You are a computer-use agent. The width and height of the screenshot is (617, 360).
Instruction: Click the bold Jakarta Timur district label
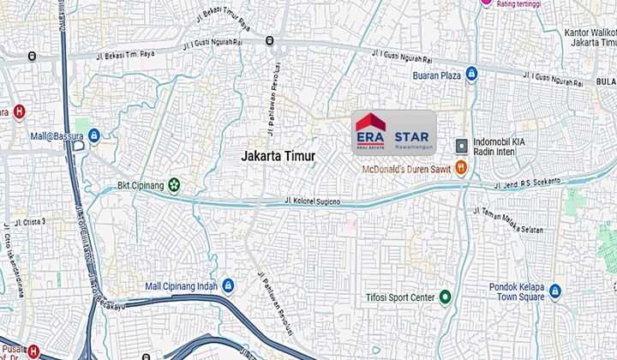[279, 156]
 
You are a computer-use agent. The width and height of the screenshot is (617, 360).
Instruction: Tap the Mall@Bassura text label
[57, 135]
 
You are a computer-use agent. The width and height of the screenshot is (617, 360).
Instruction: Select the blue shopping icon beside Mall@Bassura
[94, 135]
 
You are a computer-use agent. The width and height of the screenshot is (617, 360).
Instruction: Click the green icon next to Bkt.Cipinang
[174, 184]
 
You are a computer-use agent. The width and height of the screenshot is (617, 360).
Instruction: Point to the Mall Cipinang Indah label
[179, 285]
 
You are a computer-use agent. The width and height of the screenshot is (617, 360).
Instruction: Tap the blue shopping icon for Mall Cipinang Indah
[228, 285]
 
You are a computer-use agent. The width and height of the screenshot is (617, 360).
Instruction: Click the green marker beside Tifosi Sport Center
[445, 297]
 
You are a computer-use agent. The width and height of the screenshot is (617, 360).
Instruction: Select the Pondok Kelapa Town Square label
[513, 291]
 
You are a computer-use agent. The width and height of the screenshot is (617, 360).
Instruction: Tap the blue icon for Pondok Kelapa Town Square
[555, 291]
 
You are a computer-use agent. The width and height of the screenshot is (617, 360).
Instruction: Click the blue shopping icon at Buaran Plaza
[471, 75]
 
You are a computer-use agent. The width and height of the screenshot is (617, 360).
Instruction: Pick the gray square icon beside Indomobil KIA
[461, 144]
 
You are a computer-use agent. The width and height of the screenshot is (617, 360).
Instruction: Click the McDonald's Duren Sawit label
[406, 169]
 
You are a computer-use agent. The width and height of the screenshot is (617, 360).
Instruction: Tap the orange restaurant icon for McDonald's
[461, 168]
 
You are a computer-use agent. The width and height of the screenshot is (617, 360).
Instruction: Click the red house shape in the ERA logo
[370, 123]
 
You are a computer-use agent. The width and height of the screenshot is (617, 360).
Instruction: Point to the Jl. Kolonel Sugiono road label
[312, 202]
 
